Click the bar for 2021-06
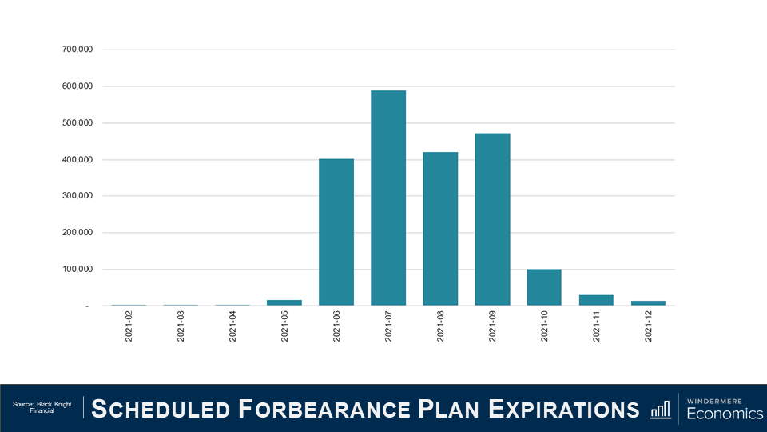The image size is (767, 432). [x=336, y=232]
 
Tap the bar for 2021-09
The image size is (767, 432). [x=492, y=219]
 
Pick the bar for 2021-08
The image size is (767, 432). [x=440, y=229]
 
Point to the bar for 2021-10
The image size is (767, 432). [x=544, y=287]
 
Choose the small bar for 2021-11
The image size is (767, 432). [x=596, y=300]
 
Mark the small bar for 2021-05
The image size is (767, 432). [x=284, y=302]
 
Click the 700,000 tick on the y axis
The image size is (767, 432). [x=77, y=50]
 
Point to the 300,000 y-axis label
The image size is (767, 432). [x=77, y=196]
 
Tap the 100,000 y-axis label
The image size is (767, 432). [x=77, y=270]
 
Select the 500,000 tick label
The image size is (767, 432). [x=77, y=123]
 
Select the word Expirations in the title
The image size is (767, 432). [x=564, y=409]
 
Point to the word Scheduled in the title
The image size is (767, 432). [x=161, y=409]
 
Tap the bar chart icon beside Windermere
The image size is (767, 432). [x=661, y=409]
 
